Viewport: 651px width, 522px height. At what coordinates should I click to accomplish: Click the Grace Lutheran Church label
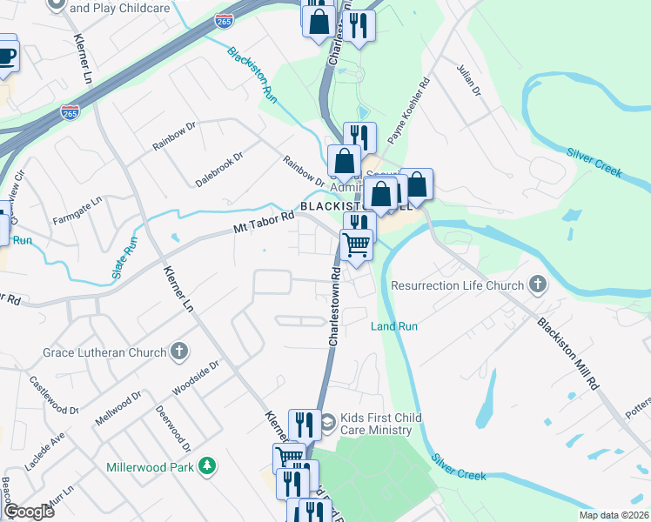tap(104, 352)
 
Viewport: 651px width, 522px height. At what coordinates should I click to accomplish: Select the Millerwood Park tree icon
tap(207, 466)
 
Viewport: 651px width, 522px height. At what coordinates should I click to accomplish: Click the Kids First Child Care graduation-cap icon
tap(327, 425)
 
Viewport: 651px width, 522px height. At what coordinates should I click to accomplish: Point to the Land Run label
tap(394, 326)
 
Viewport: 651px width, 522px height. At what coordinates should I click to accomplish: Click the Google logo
tap(30, 511)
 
